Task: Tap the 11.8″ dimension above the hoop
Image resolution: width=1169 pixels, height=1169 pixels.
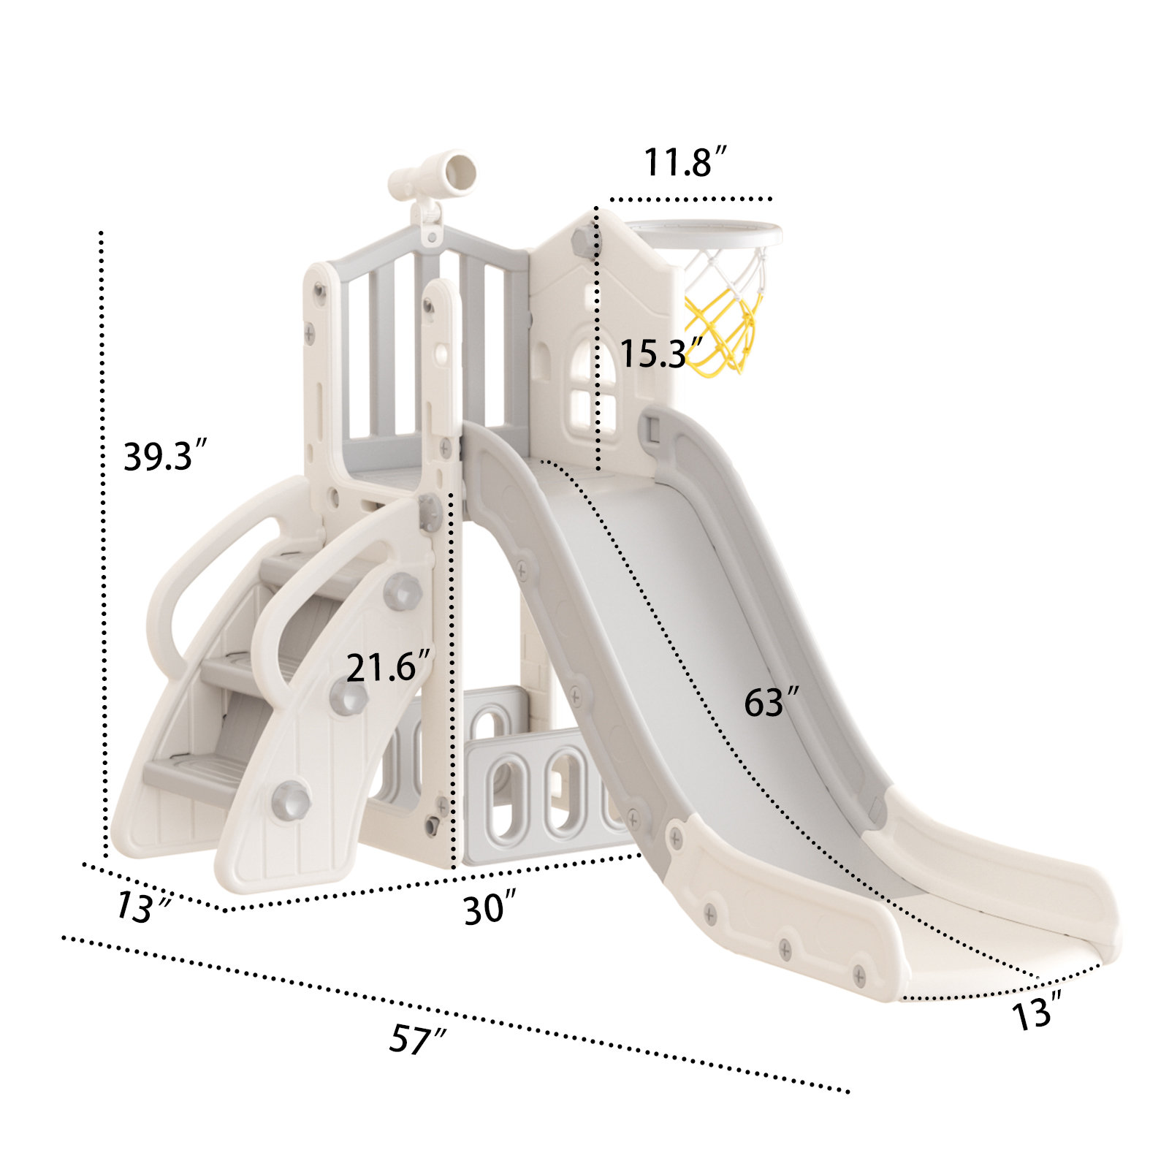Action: [685, 162]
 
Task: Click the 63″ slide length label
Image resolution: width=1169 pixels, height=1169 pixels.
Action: [770, 702]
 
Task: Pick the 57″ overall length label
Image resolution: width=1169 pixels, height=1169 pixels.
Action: [416, 1038]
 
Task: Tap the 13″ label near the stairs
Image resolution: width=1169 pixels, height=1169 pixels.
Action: [142, 907]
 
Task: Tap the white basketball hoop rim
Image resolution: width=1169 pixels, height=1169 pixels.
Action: [705, 233]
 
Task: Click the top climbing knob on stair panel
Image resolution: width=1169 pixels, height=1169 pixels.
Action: [402, 590]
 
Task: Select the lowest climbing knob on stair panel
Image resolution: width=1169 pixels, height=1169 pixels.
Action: [292, 799]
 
